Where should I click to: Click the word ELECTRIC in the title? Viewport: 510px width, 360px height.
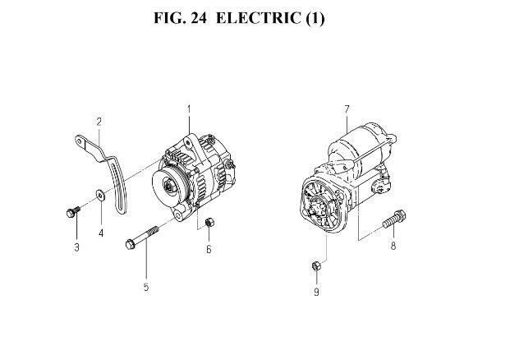(258, 18)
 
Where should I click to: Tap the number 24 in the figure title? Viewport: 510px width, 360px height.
(199, 18)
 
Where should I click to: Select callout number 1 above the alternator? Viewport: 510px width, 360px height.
(189, 109)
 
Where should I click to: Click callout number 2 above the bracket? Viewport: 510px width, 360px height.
(99, 122)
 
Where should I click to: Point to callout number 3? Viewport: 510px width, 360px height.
(76, 247)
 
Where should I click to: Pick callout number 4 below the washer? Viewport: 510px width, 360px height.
(101, 233)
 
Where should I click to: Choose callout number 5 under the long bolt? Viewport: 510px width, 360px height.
(146, 287)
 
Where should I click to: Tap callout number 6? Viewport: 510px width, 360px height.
(209, 249)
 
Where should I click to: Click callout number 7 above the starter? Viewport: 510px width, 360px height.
(347, 109)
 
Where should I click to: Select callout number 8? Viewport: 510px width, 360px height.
(393, 246)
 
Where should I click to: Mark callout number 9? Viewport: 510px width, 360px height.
(316, 292)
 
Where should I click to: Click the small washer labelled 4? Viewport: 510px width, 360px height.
(100, 195)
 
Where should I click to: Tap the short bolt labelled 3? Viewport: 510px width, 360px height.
(73, 211)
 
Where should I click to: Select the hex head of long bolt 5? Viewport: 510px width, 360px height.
(130, 244)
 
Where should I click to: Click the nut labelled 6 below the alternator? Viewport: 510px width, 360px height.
(209, 223)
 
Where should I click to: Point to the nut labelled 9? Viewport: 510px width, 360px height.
(316, 265)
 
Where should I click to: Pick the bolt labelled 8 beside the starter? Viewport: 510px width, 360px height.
(394, 219)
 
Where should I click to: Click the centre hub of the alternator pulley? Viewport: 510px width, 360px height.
(170, 187)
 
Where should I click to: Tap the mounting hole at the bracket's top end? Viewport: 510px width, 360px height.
(80, 141)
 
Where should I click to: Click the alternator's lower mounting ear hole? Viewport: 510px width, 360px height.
(177, 215)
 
